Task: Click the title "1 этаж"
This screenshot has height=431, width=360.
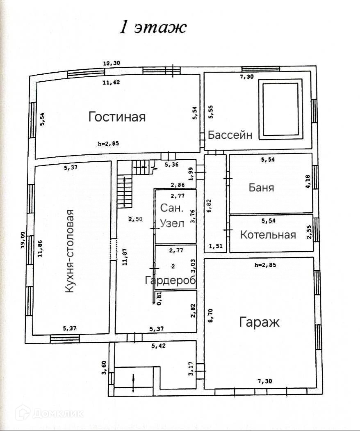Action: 153,28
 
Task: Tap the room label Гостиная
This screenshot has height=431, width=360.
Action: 117,117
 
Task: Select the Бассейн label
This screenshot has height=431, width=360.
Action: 230,135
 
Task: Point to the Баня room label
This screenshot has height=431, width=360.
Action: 261,188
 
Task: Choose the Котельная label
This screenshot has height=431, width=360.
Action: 268,235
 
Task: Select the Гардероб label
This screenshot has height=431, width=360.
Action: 170,280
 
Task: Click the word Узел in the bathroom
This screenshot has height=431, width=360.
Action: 172,224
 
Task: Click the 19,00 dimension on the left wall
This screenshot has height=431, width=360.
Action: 23,240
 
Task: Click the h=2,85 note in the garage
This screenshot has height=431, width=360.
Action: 265,265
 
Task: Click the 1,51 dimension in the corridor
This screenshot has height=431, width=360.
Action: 216,246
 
